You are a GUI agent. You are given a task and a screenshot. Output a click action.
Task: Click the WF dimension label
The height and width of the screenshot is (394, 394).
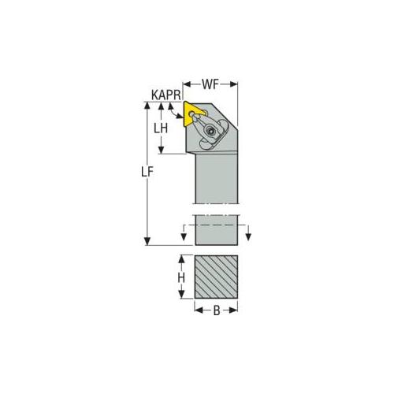[x=210, y=84]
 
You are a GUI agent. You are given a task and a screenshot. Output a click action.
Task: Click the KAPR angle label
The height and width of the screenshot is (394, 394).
[x=166, y=95]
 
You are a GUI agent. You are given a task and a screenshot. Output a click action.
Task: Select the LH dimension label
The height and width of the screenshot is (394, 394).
[x=161, y=128]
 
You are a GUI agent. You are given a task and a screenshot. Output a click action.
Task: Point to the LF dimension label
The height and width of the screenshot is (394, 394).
[x=147, y=172]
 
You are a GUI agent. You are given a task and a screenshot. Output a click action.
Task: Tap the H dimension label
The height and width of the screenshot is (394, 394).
[x=181, y=278]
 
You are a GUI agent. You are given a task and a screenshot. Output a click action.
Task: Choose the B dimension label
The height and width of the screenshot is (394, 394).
[x=217, y=310]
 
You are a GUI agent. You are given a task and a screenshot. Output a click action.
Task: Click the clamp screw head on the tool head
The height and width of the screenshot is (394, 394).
[x=210, y=131]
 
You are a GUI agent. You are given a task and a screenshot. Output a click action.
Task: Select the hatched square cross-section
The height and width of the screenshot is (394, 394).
[x=216, y=277]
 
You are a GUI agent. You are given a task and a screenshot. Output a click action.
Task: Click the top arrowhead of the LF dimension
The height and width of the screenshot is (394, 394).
[x=147, y=105]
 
